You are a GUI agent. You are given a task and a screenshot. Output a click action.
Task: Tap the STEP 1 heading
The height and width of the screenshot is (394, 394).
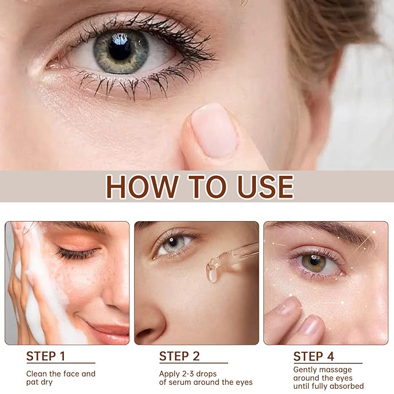click(x=46, y=356)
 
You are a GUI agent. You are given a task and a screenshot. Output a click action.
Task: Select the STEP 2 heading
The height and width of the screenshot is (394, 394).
click(x=179, y=356)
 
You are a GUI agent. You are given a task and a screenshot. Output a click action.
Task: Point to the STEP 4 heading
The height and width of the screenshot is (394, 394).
click(x=313, y=356)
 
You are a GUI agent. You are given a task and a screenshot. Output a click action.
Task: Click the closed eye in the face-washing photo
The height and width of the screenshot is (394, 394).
click(x=75, y=253)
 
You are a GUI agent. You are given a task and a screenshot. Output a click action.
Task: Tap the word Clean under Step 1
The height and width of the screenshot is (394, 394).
click(x=37, y=374)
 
